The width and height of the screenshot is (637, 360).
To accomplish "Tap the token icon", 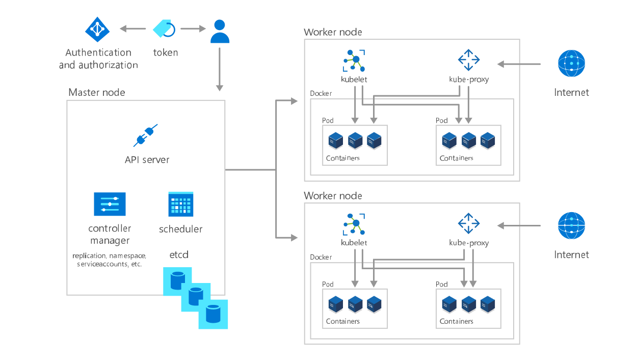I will pyautogui.click(x=164, y=29).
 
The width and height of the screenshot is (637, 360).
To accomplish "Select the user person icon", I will pyautogui.click(x=220, y=31).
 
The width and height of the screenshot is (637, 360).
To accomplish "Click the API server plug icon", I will pyautogui.click(x=146, y=136).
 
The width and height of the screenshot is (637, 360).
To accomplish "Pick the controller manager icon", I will pyautogui.click(x=110, y=204).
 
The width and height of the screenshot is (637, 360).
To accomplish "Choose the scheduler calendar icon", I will pyautogui.click(x=181, y=204).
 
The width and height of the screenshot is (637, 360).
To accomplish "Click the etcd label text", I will pyautogui.click(x=179, y=254).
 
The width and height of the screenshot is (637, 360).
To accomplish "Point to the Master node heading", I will pyautogui.click(x=97, y=92).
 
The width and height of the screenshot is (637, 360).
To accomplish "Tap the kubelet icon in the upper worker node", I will pyautogui.click(x=354, y=61).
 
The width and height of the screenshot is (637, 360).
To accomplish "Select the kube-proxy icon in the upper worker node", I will pyautogui.click(x=468, y=60).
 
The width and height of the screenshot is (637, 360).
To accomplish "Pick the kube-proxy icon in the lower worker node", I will pyautogui.click(x=468, y=224).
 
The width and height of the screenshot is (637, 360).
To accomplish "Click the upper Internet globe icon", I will pyautogui.click(x=571, y=63).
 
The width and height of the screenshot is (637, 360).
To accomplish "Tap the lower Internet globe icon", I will pyautogui.click(x=571, y=225).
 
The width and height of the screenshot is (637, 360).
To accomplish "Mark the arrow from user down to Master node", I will pyautogui.click(x=220, y=69).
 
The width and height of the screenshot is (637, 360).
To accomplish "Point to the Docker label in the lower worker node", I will pyautogui.click(x=321, y=258).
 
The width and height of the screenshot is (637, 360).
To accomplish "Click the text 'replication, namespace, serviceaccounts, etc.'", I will pyautogui.click(x=110, y=260).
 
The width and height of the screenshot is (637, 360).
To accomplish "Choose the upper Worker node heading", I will pyautogui.click(x=332, y=32).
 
